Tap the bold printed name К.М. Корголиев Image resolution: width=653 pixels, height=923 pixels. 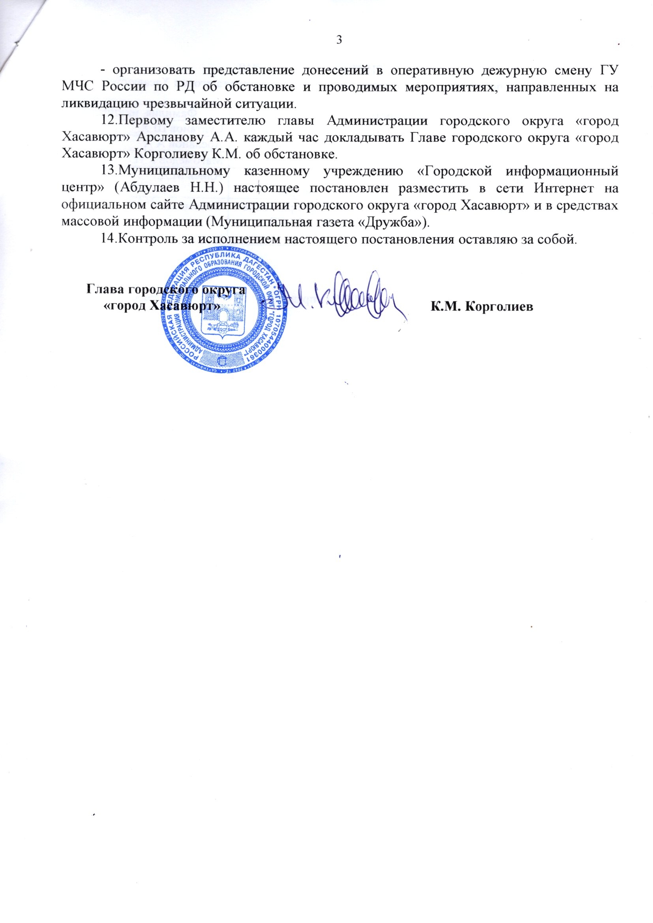pyautogui.click(x=482, y=306)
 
